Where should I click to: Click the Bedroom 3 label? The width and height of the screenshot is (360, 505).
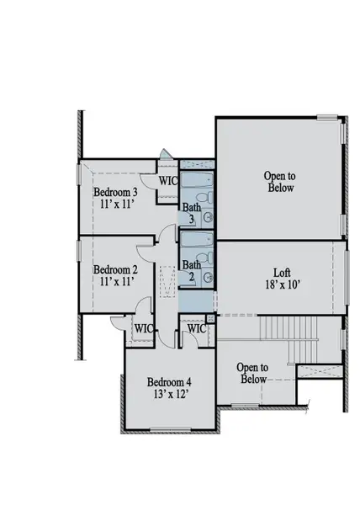click(115, 192)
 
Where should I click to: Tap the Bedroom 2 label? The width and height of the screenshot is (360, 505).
click(115, 270)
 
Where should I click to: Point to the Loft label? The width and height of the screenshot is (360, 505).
click(283, 273)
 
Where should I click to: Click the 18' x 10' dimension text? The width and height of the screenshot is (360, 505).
click(283, 285)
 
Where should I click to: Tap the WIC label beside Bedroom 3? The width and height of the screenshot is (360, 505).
click(167, 180)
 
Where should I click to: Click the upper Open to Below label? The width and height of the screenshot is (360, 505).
click(279, 182)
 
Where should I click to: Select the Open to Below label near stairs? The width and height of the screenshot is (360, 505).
click(252, 373)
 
